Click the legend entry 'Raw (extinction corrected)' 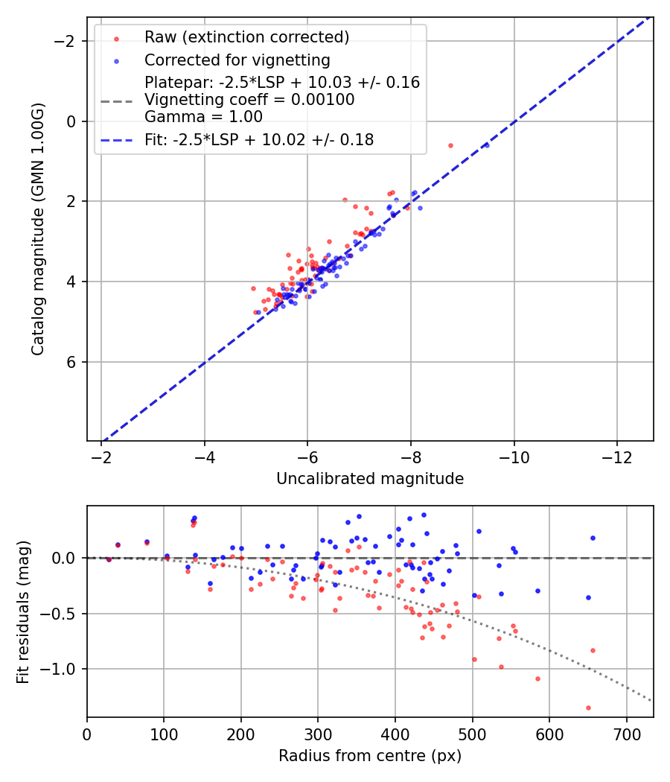pos(246,37)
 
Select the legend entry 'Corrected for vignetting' pos(237,60)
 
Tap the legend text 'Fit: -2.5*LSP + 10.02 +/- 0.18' pos(259,139)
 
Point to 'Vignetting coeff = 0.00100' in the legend pos(249,99)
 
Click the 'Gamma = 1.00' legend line pos(203,116)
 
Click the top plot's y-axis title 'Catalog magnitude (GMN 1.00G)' pos(38,229)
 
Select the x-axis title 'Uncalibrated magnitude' pos(370,479)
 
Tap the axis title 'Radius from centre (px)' pos(370,756)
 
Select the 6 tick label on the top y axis pos(71,362)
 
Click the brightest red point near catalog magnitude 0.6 pos(450,146)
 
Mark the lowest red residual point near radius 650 pos(588,708)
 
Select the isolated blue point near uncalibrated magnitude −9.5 pos(487,145)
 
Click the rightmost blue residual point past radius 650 pos(593,538)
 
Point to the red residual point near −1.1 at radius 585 pos(537,678)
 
